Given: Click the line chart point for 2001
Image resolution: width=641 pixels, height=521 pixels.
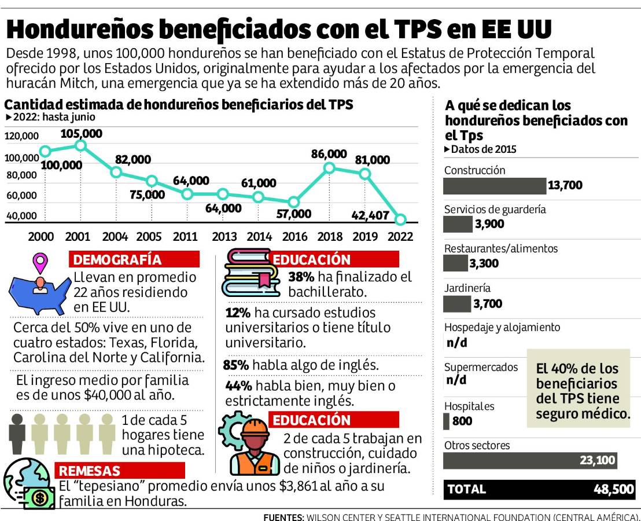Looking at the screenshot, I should coord(80,145).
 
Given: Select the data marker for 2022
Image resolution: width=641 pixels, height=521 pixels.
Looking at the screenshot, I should coord(400,219).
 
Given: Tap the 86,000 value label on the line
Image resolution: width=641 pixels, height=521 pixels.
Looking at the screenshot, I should coord(329,154).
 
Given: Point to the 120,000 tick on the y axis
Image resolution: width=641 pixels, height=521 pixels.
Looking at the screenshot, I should coord(21,136).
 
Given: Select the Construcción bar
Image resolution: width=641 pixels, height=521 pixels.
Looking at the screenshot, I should coord(494,186).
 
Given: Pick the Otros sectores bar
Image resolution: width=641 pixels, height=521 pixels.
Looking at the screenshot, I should coord(529,461).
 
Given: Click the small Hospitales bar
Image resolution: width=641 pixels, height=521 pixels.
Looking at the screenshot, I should coord(446,421).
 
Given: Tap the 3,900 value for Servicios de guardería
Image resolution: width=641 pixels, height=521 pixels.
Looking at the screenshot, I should coord(489,224).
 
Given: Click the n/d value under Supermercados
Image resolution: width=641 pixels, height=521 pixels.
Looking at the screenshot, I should coord(456,380).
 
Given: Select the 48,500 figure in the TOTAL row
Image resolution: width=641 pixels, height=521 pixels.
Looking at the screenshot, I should coord(614,489).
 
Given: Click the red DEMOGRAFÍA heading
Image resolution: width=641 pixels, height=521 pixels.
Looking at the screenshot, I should coord(134,259).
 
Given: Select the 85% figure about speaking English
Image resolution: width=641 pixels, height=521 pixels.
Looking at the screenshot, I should coord(236,365).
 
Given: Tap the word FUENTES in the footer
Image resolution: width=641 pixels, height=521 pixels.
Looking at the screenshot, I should coord(283,516).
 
